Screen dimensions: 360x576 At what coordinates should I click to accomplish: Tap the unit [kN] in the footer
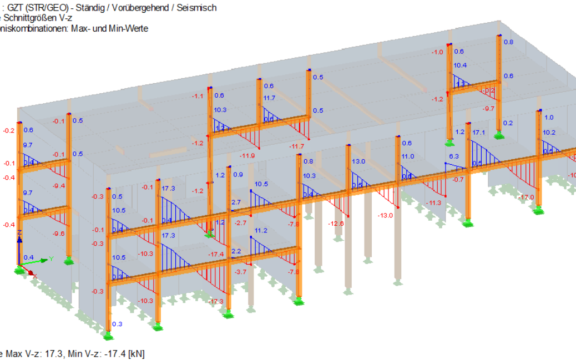136,353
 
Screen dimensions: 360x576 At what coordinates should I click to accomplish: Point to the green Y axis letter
51,258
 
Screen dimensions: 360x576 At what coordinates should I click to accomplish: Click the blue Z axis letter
19,232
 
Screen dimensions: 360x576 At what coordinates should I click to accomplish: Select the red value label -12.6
336,224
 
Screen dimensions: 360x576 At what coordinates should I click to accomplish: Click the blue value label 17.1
479,133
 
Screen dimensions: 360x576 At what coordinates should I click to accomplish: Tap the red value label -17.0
526,197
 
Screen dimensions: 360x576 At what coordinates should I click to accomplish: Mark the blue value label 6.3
453,156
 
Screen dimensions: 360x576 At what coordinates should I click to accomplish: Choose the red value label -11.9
247,156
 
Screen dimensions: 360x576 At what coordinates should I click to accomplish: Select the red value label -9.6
58,234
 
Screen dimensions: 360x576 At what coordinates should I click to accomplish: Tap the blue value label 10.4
460,65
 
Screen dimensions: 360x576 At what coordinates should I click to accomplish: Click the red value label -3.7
241,272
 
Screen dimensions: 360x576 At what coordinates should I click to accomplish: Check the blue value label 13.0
358,161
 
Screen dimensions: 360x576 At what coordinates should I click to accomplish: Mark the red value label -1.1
197,96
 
